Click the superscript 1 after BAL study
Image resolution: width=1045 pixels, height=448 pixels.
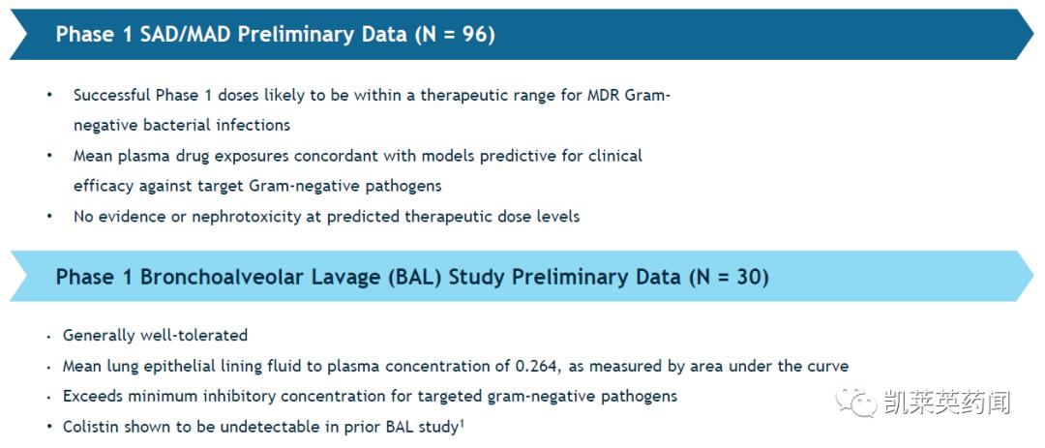coord(461,422)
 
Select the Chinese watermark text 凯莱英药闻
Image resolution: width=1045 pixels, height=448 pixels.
coord(947,403)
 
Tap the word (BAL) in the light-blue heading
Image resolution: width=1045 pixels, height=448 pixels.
coord(417,277)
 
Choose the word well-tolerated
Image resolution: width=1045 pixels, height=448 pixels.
coord(194,335)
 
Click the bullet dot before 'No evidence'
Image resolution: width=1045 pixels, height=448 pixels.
coord(49,217)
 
